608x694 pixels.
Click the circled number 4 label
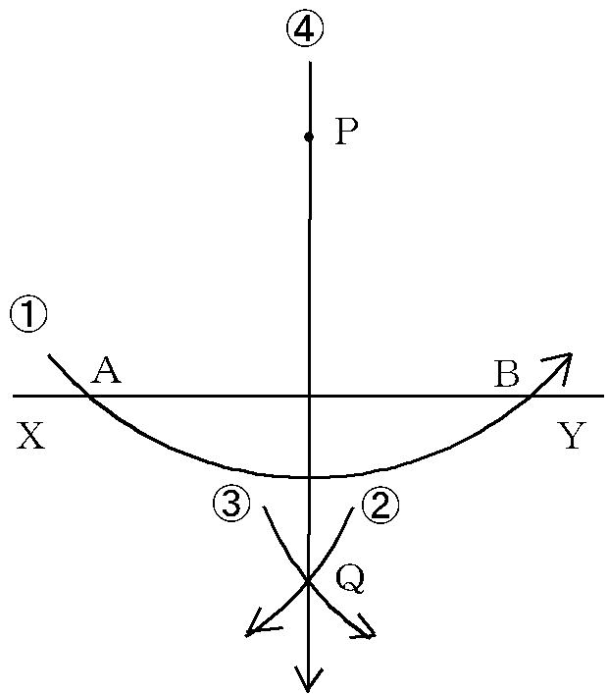pyautogui.click(x=305, y=27)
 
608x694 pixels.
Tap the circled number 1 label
pyautogui.click(x=28, y=315)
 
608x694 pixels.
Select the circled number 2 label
pyautogui.click(x=380, y=505)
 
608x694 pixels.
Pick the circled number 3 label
pyautogui.click(x=231, y=504)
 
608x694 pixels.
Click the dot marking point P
pyautogui.click(x=309, y=137)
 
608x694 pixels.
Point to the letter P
pyautogui.click(x=346, y=132)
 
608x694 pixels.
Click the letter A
pyautogui.click(x=105, y=370)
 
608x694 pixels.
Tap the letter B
pyautogui.click(x=506, y=374)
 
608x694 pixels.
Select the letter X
pyautogui.click(x=30, y=436)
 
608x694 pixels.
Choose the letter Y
pyautogui.click(x=572, y=436)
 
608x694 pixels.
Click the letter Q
pyautogui.click(x=350, y=580)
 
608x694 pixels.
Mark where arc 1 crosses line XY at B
pyautogui.click(x=531, y=396)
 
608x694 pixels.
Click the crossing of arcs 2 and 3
pyautogui.click(x=308, y=581)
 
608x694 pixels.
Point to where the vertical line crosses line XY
pyautogui.click(x=309, y=396)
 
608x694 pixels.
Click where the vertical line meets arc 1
pyautogui.click(x=309, y=478)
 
